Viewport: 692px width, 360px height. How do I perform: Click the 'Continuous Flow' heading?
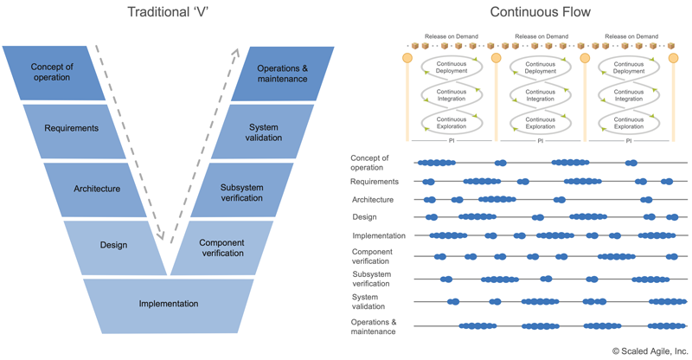pos(529,12)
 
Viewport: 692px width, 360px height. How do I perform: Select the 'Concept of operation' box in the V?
pos(54,73)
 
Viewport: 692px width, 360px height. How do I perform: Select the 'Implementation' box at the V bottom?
pos(169,304)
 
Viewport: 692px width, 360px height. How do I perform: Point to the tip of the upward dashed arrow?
pos(236,48)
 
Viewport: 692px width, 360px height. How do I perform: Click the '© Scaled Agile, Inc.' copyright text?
pos(649,350)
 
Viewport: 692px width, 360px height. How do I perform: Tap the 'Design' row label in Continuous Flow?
pos(364,216)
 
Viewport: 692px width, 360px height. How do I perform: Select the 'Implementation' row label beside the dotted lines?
pos(379,235)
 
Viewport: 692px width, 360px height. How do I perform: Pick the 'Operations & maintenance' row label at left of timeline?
pos(374,326)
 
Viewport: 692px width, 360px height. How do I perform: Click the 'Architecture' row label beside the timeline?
pos(373,199)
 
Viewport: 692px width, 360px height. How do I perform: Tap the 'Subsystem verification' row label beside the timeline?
pos(371,279)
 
